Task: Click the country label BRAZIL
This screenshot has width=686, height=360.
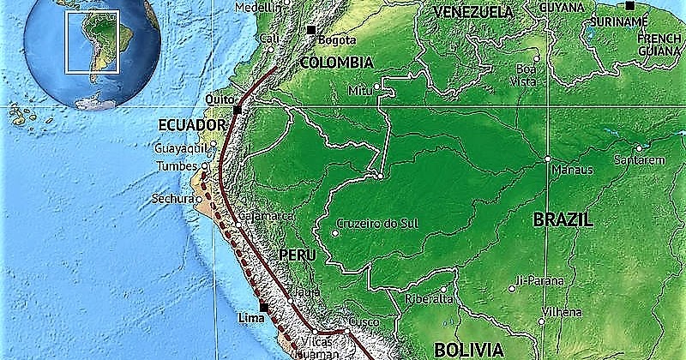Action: [563, 219]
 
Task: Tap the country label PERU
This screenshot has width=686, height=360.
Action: [298, 255]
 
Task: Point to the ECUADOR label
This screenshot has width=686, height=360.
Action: [185, 125]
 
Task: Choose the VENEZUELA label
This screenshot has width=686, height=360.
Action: [473, 12]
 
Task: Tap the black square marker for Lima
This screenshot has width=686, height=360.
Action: [263, 307]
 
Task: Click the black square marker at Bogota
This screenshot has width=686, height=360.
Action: [310, 30]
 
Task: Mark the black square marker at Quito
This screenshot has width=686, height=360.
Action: [238, 110]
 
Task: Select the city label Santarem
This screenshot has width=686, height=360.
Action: [639, 160]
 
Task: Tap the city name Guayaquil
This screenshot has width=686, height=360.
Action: [181, 148]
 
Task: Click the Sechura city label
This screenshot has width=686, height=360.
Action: [168, 199]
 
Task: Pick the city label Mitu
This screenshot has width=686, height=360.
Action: [360, 90]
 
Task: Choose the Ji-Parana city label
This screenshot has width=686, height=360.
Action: [540, 280]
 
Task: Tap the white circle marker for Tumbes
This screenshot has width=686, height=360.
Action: [204, 165]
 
